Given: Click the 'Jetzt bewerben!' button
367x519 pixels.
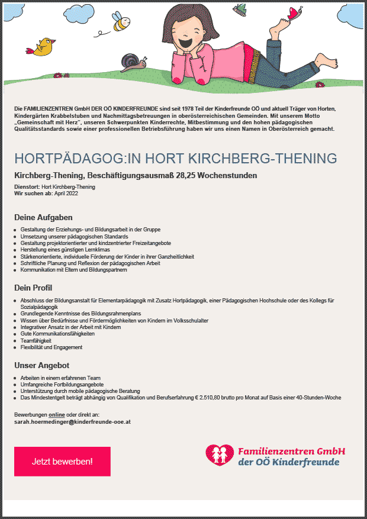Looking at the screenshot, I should click(x=62, y=461).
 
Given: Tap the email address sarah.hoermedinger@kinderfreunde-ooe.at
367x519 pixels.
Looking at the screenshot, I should click(x=72, y=422).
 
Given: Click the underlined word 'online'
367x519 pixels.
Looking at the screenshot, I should click(x=57, y=415).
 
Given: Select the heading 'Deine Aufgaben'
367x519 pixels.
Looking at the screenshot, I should click(x=43, y=217).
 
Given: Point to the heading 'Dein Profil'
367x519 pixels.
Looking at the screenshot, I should click(x=33, y=288).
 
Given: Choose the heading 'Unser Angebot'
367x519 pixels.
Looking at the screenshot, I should click(x=41, y=365).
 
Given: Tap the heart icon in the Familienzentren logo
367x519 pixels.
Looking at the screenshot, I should click(x=220, y=454).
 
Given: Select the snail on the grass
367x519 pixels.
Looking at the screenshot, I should click(x=131, y=60).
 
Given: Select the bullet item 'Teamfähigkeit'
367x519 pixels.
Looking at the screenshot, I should click(x=36, y=341).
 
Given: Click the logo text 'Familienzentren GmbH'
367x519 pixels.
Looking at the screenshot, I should click(x=291, y=451).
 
